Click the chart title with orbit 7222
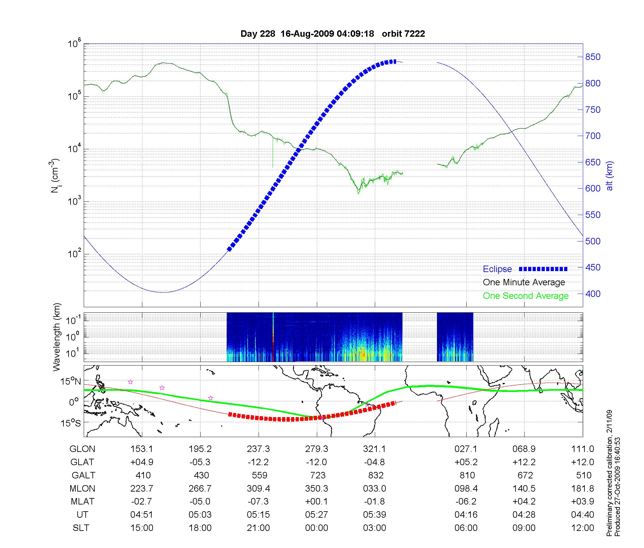pos(333,34)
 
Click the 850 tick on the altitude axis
pos(593,57)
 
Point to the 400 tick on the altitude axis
pos(593,294)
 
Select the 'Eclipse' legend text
pos(497,269)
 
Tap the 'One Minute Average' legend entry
pos(524,282)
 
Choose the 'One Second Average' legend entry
pos(526,296)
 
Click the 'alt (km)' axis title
pos(610,176)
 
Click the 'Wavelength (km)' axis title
pos(57,337)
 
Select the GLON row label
pos(82,449)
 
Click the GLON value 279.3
pos(317,449)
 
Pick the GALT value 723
pos(317,475)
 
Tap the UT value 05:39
pos(374,515)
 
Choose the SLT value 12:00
pos(582,528)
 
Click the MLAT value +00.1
pos(317,502)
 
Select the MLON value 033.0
pos(374,489)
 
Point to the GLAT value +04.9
pos(142,462)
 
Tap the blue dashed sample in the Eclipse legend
pos(543,269)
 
